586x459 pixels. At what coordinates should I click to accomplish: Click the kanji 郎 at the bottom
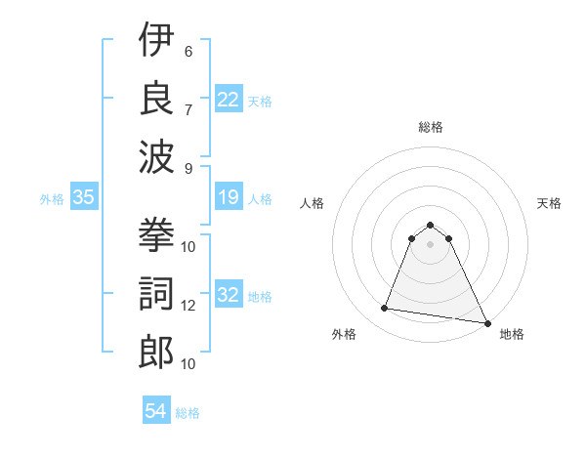(156, 350)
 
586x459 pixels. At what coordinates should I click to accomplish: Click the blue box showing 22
(229, 99)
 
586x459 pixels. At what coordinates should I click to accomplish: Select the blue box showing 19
(229, 198)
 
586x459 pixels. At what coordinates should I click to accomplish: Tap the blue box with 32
(229, 296)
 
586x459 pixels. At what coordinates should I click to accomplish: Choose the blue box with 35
(84, 198)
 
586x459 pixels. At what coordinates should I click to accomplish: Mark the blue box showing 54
(156, 411)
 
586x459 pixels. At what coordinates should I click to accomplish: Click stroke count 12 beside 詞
(188, 306)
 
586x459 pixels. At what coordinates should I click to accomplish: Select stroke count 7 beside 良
(188, 107)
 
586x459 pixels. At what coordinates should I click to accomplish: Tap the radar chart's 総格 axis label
(430, 127)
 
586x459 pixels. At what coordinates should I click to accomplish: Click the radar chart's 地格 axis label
(512, 334)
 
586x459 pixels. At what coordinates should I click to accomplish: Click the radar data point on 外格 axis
(385, 309)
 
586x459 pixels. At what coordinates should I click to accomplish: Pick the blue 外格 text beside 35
(52, 199)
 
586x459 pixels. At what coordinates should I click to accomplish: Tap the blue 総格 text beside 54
(188, 413)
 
